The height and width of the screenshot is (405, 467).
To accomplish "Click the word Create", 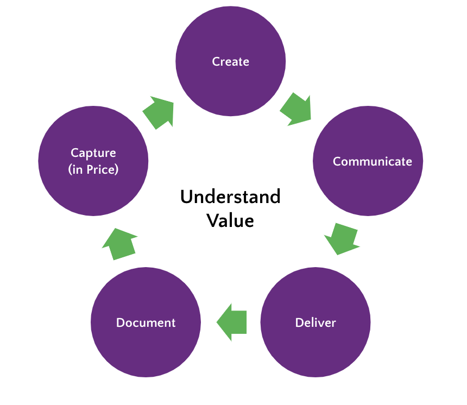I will tap(230, 62).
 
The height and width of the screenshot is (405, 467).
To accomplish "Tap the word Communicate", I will tap(372, 162).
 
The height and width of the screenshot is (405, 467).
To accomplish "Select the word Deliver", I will tap(315, 323).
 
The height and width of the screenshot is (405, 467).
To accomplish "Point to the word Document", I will tap(146, 323).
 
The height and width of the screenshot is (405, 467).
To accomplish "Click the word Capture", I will tap(93, 153).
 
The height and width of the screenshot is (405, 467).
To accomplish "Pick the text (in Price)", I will tap(93, 169).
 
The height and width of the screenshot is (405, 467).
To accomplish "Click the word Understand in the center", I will tap(230, 197).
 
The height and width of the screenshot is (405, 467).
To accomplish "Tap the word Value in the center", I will tap(230, 221).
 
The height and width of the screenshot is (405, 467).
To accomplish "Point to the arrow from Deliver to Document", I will tap(232, 322).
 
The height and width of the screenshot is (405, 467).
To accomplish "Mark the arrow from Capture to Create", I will tap(159, 112).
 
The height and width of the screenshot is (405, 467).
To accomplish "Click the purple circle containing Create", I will tap(230, 81).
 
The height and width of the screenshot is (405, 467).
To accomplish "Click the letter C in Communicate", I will tap(337, 162).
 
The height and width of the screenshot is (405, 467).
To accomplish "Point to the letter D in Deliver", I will tap(299, 323).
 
